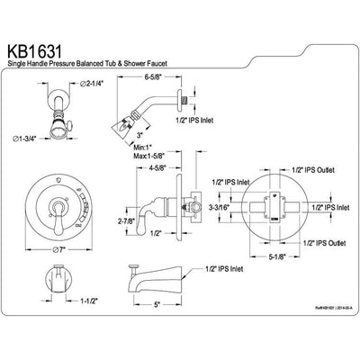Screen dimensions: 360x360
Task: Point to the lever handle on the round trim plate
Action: click(x=58, y=213)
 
